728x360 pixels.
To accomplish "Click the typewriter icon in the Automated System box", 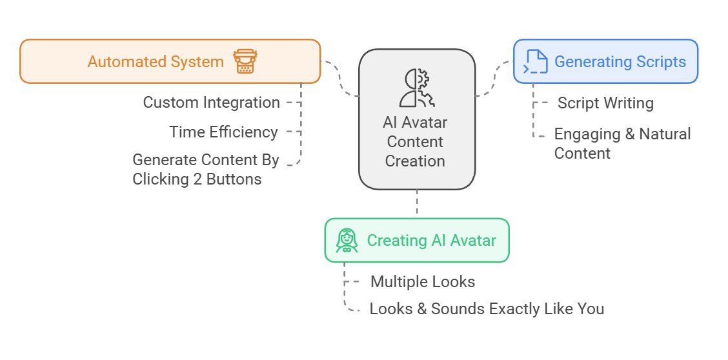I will coord(245,62).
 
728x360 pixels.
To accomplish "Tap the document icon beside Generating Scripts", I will coord(536,62).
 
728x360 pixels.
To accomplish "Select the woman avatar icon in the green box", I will coord(347,241).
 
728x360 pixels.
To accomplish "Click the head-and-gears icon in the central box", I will coord(417,88).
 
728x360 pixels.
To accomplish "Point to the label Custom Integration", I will coord(211,103).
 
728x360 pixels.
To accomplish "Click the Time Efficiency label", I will coord(223,132).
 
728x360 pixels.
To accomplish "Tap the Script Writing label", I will coord(605,103).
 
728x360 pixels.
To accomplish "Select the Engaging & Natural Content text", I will coord(622,143).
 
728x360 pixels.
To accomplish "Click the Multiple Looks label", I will coord(423,282).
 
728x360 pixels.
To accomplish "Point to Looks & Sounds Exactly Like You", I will coord(487,309).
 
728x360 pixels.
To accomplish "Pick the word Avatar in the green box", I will coord(473,241).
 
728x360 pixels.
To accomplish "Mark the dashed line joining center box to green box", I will coord(417,203).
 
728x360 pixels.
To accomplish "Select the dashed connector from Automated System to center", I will coord(340,79).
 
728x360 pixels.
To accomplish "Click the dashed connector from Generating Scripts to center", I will coord(494,79).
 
